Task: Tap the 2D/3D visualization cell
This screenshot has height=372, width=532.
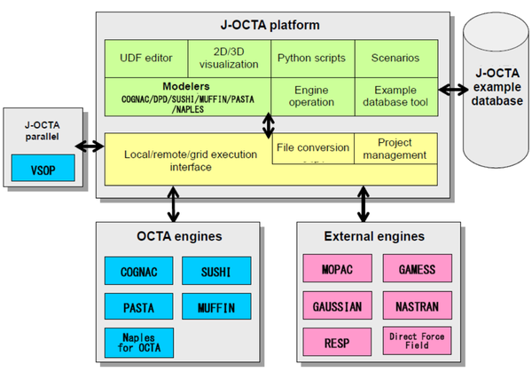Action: coord(229,58)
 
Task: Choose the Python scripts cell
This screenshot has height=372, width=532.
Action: coord(312,59)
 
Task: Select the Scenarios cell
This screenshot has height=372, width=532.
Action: coord(395,59)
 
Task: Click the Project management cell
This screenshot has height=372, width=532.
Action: coord(395,148)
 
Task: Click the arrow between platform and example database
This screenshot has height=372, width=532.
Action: coord(455,89)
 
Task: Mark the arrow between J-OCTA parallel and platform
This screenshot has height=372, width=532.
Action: coord(87,146)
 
